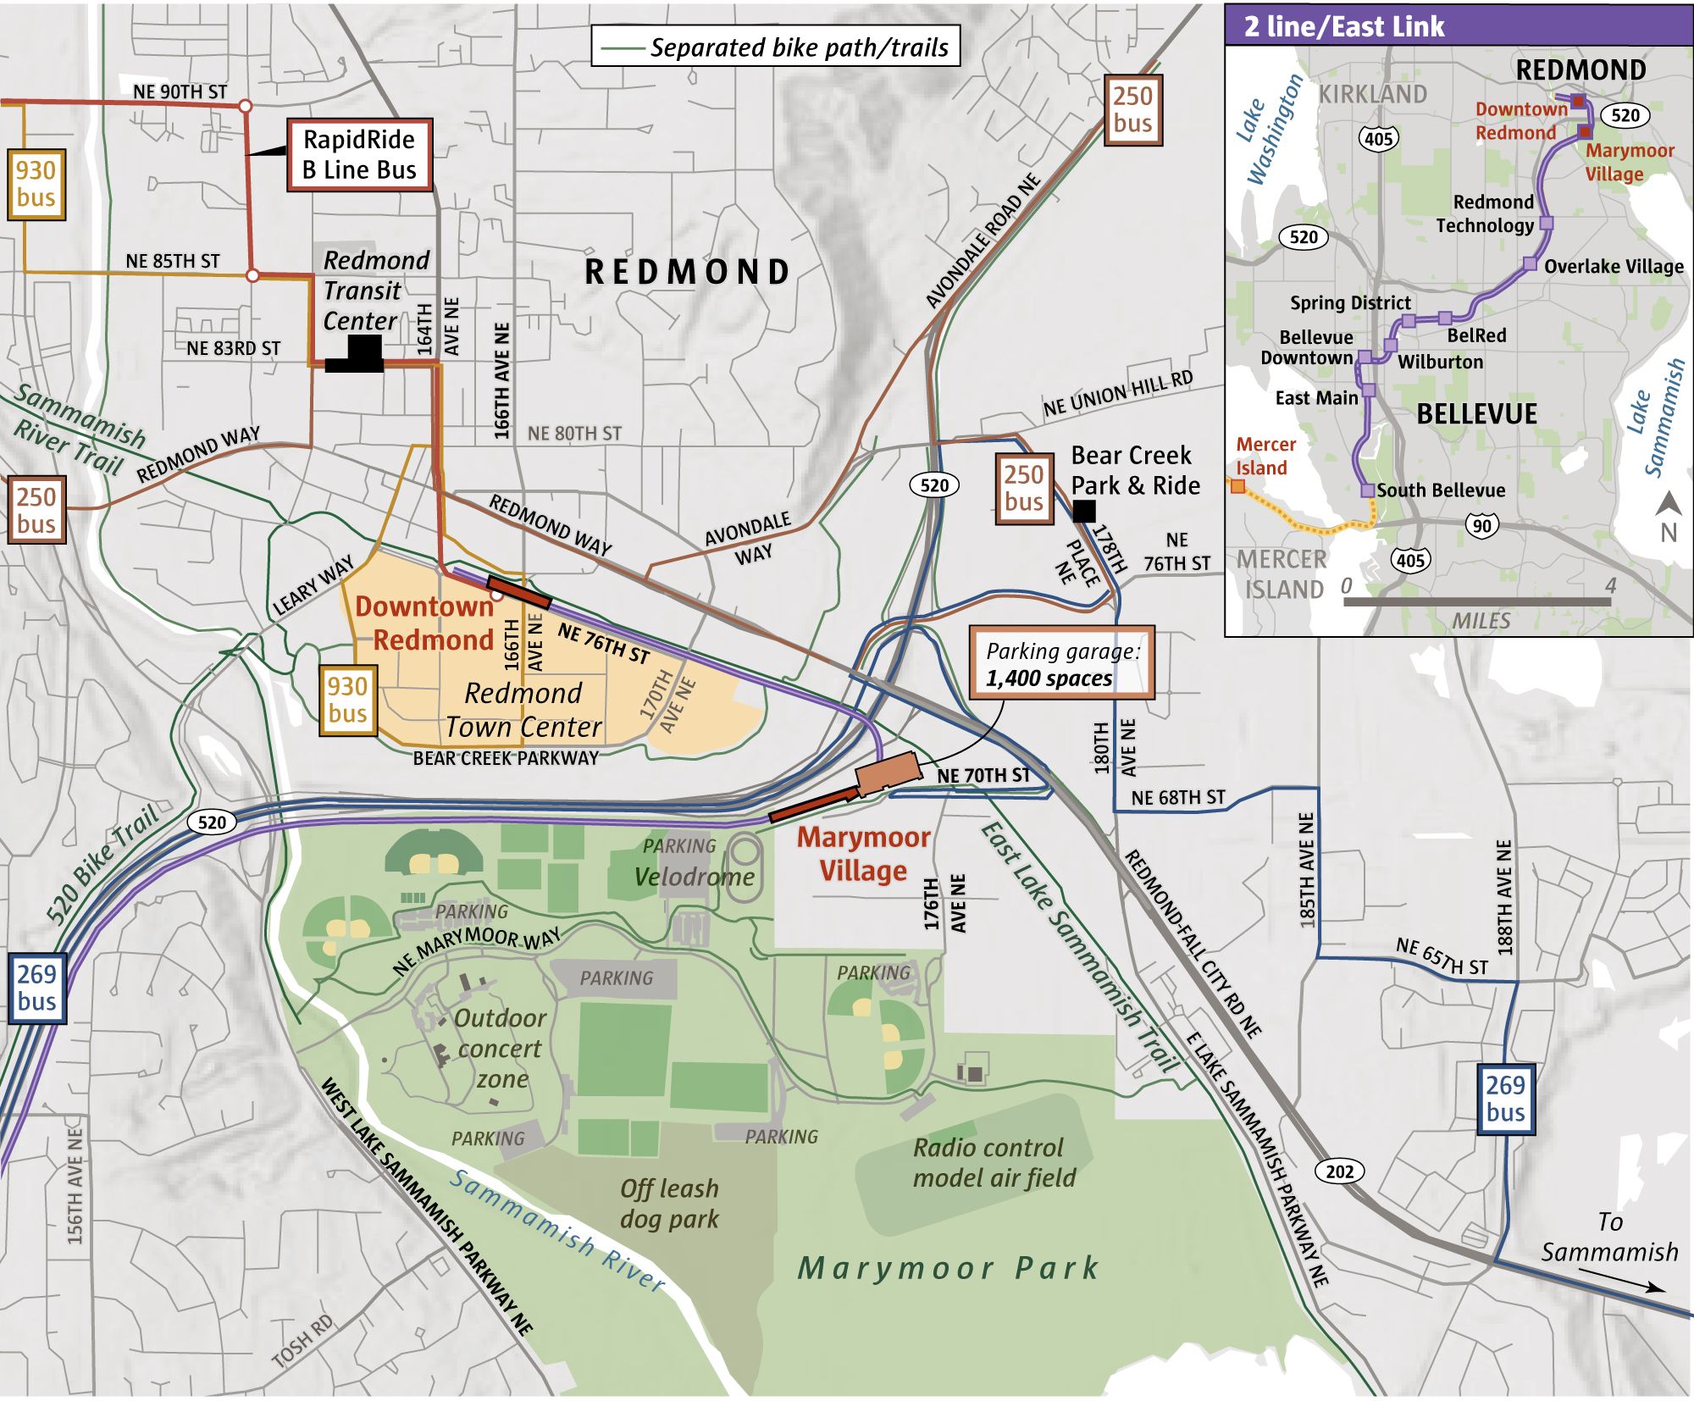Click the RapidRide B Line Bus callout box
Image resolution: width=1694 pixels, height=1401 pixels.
(359, 154)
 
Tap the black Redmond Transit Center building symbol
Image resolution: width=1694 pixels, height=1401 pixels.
(356, 355)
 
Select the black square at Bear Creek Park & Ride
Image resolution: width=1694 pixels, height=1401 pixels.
(1083, 511)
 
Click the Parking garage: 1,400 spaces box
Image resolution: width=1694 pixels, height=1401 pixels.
(1061, 663)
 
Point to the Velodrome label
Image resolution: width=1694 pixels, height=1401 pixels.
(695, 877)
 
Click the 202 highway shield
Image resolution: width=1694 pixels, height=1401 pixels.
(1339, 1171)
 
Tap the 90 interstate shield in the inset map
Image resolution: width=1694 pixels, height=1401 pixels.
(1481, 526)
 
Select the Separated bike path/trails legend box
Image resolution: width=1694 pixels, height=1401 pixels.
(776, 47)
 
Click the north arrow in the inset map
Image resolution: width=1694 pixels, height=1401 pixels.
(1669, 515)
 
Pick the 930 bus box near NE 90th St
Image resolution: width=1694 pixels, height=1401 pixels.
(36, 184)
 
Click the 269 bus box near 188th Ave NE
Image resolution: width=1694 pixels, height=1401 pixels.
(1505, 1098)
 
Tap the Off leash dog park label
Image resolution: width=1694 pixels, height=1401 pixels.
(669, 1203)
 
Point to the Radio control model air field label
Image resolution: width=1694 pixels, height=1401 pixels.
(994, 1162)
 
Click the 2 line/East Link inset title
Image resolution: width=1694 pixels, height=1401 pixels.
(1343, 26)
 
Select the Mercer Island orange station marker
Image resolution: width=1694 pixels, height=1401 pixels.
(1237, 486)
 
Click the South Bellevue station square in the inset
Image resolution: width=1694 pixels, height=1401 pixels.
(1367, 490)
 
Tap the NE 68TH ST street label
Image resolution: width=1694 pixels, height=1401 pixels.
(1177, 797)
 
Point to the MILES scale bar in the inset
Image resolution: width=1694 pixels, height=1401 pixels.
(1476, 601)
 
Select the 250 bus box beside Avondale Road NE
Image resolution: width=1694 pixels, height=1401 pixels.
(1132, 109)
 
